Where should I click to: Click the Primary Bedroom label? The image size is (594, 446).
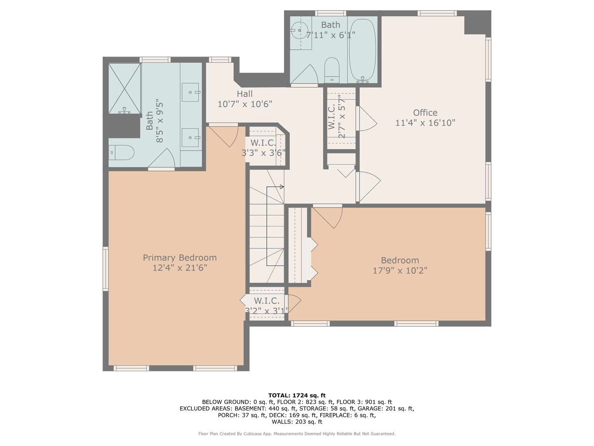tap(180, 258)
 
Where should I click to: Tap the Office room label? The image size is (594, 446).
tap(425, 113)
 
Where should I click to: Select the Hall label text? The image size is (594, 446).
tap(245, 94)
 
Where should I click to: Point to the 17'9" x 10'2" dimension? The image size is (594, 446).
tap(400, 270)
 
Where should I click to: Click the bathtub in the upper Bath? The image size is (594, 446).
tap(362, 50)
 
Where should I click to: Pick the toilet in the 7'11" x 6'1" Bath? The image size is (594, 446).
tap(332, 70)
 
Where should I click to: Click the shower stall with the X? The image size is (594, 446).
tap(125, 88)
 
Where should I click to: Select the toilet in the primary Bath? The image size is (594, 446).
tap(122, 153)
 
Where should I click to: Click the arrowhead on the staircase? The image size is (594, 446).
tap(282, 187)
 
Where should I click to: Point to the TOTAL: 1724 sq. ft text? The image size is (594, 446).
tap(297, 396)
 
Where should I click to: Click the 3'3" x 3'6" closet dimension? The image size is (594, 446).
tap(263, 153)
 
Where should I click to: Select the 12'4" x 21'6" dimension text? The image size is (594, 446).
tap(180, 268)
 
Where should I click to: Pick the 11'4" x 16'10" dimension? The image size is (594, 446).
tap(425, 123)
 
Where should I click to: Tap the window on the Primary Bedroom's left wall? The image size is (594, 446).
tap(106, 268)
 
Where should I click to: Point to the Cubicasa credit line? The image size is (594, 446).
tap(297, 434)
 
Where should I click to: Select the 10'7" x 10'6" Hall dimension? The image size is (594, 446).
tap(245, 104)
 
